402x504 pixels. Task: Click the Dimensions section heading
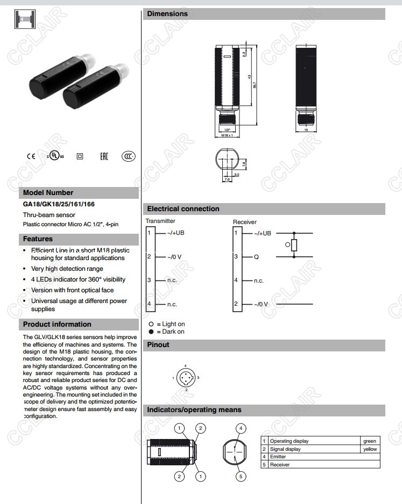point(167,14)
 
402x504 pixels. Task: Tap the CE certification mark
point(31,156)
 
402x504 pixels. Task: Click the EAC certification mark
point(104,156)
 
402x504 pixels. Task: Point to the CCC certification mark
point(128,156)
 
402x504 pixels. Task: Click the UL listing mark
point(55,156)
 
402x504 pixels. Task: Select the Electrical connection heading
point(183,209)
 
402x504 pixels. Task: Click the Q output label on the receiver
point(257,257)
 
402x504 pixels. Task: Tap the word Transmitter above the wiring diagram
point(160,221)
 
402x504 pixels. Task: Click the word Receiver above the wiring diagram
point(245,222)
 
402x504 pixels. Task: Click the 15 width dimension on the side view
point(306,130)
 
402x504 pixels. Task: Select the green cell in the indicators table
point(370,441)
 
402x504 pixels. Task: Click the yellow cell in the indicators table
point(370,449)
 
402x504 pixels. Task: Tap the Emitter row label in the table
point(278,457)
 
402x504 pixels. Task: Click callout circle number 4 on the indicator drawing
point(241,428)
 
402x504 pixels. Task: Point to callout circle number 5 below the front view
point(241,476)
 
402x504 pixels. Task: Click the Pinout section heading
point(158,345)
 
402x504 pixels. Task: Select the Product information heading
point(57,325)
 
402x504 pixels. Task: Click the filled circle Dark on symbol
point(151,332)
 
